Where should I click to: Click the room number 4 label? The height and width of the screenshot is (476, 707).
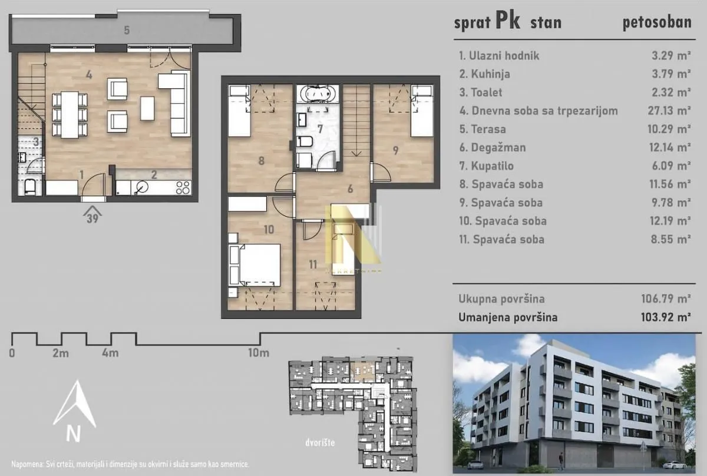coord(88,75)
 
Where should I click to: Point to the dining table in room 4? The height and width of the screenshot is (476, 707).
coord(70,115)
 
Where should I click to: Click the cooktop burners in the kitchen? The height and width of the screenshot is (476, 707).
coord(183,188)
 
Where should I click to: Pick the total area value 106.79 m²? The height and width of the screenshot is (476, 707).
coord(665,299)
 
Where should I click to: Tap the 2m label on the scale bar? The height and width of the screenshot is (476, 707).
coord(61,353)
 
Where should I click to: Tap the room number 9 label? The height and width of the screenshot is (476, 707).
coord(395,150)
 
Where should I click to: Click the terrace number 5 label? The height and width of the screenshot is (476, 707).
coord(127,30)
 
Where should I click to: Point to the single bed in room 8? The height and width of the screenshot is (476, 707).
coord(239,111)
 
